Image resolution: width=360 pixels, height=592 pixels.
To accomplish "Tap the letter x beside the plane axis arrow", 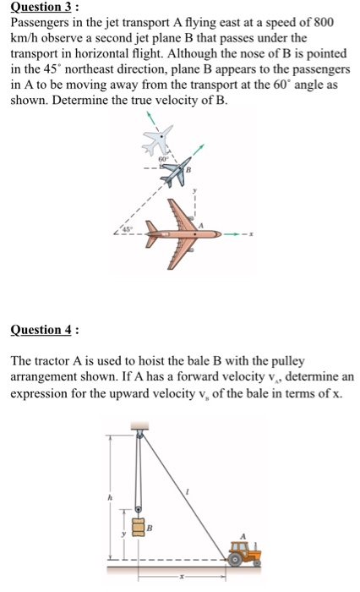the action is tap(253, 233).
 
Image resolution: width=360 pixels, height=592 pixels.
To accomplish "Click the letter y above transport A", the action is tap(194, 192).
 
